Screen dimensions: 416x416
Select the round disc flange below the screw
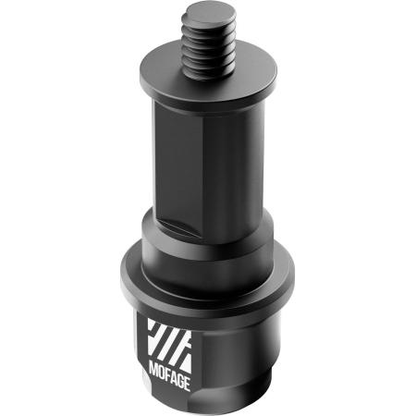tap(211, 92)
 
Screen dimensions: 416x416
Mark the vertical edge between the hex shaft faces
tap(198, 157)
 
